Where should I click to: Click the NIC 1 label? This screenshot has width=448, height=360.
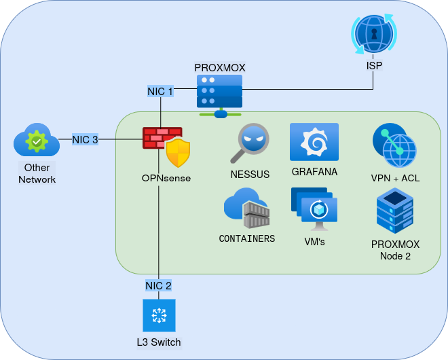(160, 90)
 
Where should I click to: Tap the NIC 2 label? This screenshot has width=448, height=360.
(158, 285)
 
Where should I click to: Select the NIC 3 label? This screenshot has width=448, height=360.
(85, 139)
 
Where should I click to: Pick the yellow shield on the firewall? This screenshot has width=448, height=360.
(178, 152)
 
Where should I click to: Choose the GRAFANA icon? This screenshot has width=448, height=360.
(314, 142)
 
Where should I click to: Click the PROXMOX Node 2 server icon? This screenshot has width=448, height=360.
(395, 211)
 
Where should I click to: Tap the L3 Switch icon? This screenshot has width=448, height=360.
(159, 315)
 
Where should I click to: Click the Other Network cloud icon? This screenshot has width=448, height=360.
(37, 142)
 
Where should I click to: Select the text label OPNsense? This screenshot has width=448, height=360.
(166, 178)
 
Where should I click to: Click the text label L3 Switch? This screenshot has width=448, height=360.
(158, 342)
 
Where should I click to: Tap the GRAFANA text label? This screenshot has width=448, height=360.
(314, 171)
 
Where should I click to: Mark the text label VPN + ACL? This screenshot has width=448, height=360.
(395, 178)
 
